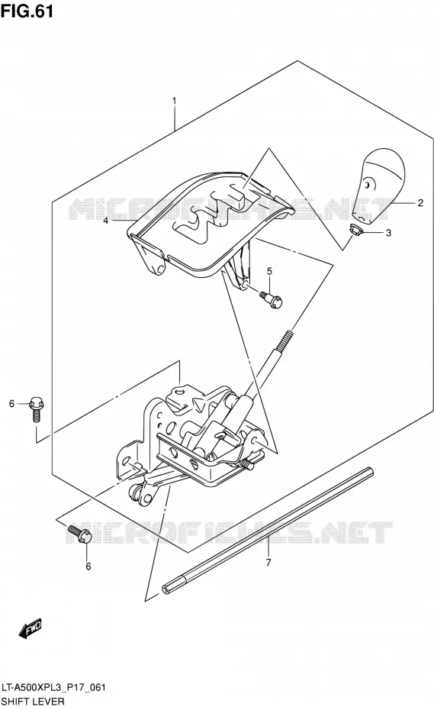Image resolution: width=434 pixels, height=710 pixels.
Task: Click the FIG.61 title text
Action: [27, 10]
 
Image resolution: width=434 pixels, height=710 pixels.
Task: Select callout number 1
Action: [174, 101]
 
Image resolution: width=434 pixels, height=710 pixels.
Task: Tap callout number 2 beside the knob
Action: [420, 203]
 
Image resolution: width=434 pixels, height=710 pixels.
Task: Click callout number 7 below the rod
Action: [268, 563]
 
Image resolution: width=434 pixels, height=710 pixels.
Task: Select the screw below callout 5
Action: [271, 299]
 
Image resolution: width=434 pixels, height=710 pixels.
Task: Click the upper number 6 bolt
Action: [36, 408]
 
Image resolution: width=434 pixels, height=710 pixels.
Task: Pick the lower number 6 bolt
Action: [79, 533]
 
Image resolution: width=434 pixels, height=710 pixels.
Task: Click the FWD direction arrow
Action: [31, 628]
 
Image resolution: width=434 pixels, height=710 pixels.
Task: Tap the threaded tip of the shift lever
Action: [283, 340]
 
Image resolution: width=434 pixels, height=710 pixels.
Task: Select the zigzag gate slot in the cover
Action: [212, 211]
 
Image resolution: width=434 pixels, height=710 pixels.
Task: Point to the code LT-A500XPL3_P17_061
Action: [53, 687]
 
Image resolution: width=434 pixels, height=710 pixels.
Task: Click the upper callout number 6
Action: [11, 403]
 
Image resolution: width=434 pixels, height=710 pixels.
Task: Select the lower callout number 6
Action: [88, 566]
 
